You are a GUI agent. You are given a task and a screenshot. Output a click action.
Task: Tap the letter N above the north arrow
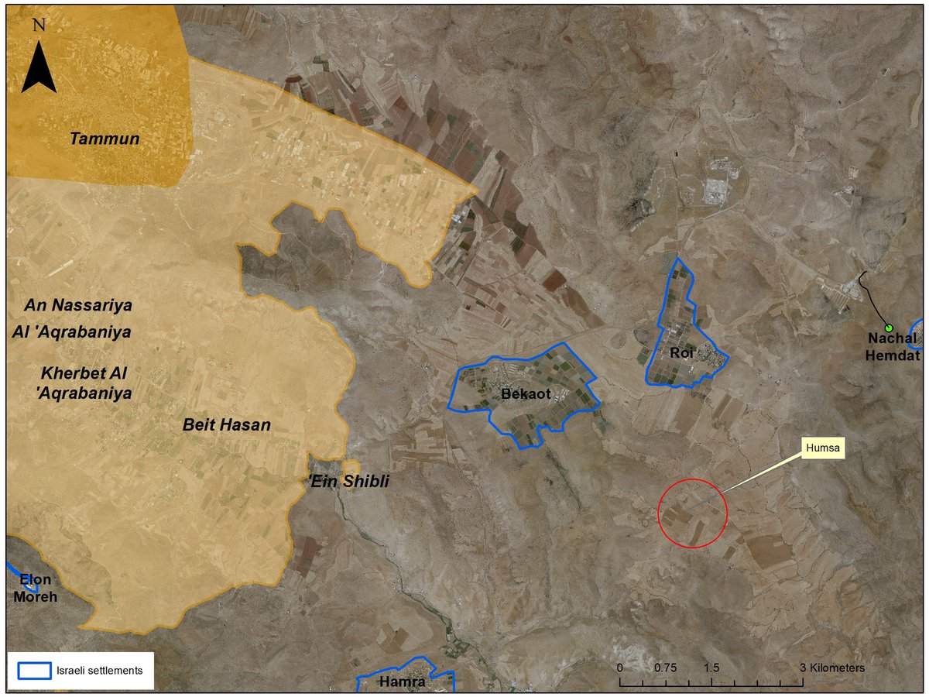(38, 24)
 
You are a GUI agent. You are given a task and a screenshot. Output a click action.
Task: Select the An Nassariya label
(77, 305)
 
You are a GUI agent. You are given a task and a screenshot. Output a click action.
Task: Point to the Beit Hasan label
(227, 424)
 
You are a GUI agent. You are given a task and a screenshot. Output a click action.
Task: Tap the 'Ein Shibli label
(348, 482)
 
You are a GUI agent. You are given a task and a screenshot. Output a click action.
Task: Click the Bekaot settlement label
(526, 394)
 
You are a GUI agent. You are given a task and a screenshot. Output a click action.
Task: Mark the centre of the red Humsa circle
(693, 513)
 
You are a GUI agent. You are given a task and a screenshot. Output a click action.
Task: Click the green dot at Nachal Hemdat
(889, 327)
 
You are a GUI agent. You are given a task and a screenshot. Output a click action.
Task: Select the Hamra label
(403, 682)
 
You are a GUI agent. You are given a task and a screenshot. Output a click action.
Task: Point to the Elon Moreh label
(36, 588)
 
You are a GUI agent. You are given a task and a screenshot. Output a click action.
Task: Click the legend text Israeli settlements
(99, 671)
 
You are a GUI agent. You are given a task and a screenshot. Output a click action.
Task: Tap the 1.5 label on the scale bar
(711, 667)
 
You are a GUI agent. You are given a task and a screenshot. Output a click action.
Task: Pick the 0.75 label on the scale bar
(666, 667)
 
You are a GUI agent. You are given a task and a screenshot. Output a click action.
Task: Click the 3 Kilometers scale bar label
(832, 667)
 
